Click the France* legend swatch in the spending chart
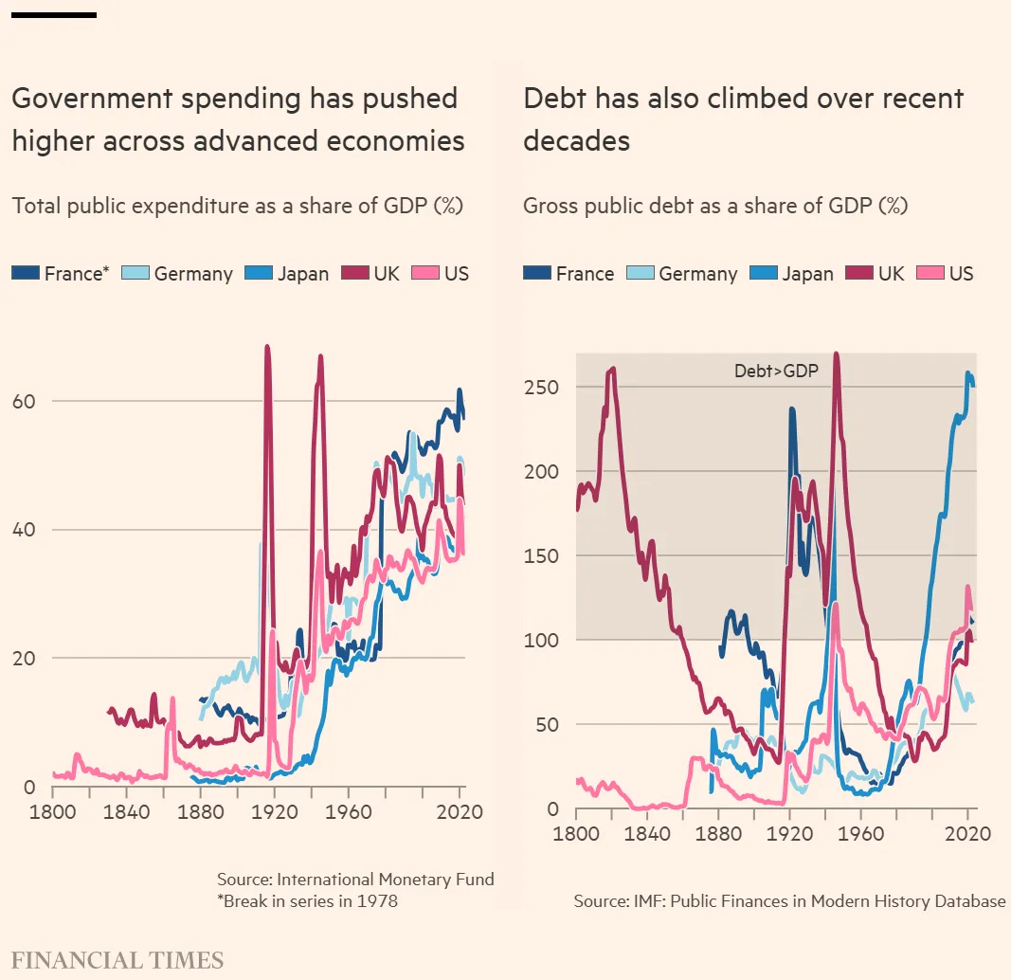pyautogui.click(x=26, y=274)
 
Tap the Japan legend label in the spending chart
pyautogui.click(x=302, y=274)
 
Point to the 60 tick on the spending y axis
pyautogui.click(x=25, y=401)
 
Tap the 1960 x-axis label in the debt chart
pyautogui.click(x=861, y=834)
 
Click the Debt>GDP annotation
pyautogui.click(x=776, y=372)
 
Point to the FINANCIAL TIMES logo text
pyautogui.click(x=117, y=959)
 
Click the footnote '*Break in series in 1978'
pyautogui.click(x=307, y=900)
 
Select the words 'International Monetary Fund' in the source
pyautogui.click(x=398, y=879)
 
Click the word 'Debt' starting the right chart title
pyautogui.click(x=557, y=99)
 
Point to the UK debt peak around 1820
pyautogui.click(x=613, y=369)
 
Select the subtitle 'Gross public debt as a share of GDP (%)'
pyautogui.click(x=715, y=206)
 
